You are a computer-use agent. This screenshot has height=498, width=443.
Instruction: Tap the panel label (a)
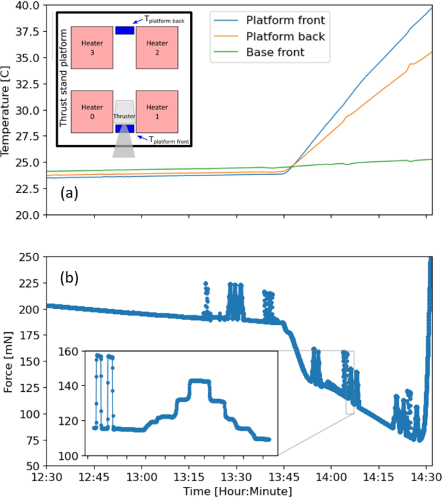[x=69, y=192]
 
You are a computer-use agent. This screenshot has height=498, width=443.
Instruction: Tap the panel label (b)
[x=69, y=278]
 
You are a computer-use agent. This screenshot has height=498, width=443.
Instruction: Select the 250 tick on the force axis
[x=29, y=258]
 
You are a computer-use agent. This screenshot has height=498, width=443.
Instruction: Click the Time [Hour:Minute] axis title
[x=236, y=492]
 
